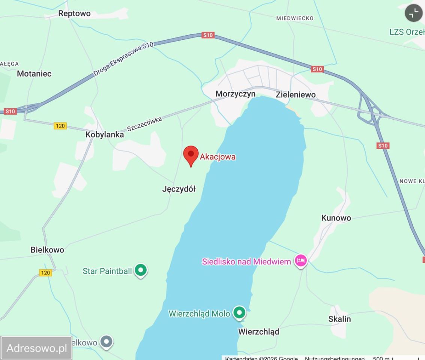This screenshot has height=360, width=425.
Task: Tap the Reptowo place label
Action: click(x=74, y=13)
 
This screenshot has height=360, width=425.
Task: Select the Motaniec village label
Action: click(x=34, y=73)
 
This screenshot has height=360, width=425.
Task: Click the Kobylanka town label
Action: click(x=105, y=135)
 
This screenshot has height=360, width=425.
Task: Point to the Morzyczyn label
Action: click(x=235, y=94)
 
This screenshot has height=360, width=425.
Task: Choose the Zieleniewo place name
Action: click(x=296, y=94)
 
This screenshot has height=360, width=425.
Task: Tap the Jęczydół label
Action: click(x=179, y=189)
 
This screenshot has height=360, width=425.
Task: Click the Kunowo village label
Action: click(x=336, y=218)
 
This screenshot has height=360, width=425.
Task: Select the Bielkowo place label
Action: click(x=47, y=250)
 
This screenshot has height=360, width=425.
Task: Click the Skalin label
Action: click(x=339, y=319)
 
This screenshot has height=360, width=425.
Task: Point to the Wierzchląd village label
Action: click(x=258, y=331)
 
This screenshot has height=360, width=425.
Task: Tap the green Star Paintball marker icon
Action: click(x=141, y=270)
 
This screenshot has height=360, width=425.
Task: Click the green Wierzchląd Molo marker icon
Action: click(x=239, y=312)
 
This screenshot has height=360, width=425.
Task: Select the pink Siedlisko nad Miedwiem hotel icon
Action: click(x=300, y=261)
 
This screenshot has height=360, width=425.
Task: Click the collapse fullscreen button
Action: click(x=413, y=13)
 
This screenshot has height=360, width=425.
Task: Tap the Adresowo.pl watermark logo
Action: click(x=36, y=348)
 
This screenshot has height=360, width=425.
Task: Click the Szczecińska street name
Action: click(x=144, y=124)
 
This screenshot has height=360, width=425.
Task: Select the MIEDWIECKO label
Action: click(x=294, y=18)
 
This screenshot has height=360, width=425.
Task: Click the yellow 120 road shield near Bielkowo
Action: click(x=45, y=273)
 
